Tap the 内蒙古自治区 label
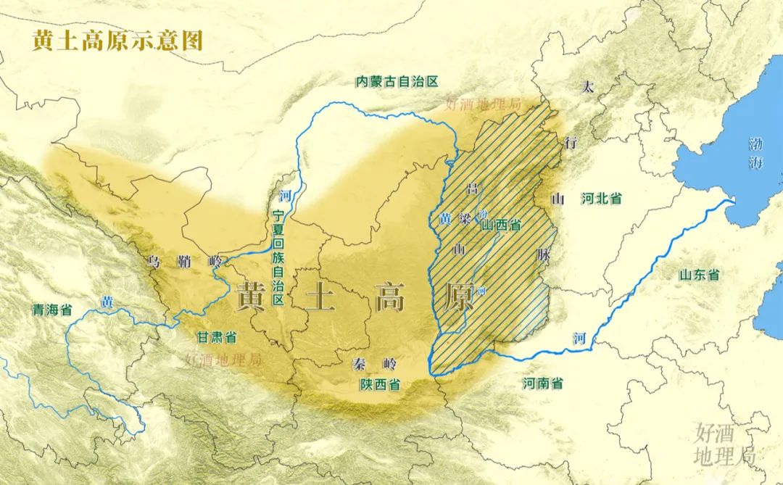(x=397, y=81)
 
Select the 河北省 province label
(x=601, y=199)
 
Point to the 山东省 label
(x=698, y=275)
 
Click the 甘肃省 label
(x=217, y=337)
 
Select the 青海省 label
(x=51, y=310)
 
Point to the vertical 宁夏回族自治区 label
(x=279, y=257)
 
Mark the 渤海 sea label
(x=756, y=153)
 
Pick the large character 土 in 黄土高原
(x=320, y=297)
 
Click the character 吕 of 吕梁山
(x=473, y=189)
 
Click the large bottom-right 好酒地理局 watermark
(x=724, y=444)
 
